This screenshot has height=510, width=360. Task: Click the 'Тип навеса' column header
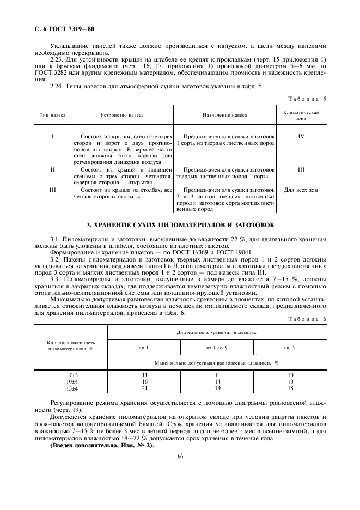(53, 116)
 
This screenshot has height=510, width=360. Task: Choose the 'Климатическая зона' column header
(301, 115)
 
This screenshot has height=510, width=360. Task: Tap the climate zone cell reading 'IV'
(301, 136)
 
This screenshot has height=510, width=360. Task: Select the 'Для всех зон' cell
(301, 190)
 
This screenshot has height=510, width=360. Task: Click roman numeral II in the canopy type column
(53, 169)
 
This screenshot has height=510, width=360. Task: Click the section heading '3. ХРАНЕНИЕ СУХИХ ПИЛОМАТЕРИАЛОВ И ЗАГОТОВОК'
(180, 224)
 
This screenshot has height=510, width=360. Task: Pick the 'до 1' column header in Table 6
(144, 347)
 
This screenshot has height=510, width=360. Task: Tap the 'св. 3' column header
(290, 347)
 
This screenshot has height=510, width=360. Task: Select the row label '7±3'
(73, 375)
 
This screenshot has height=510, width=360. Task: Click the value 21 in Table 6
(144, 388)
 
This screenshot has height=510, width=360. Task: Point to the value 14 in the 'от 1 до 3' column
(217, 382)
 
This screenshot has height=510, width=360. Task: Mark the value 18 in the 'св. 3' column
(290, 388)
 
